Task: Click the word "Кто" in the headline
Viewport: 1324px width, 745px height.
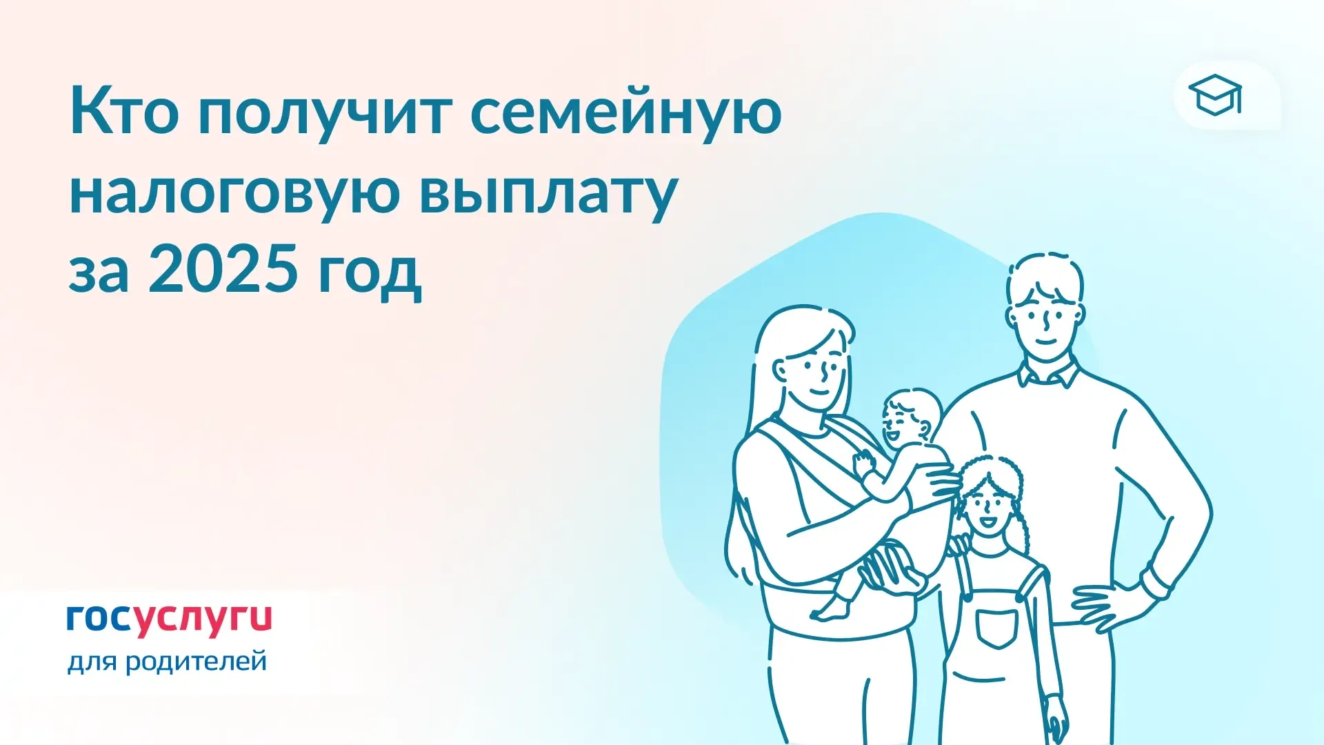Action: (124, 112)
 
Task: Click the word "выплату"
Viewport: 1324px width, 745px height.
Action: (548, 193)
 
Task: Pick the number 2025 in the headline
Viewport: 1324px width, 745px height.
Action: (223, 269)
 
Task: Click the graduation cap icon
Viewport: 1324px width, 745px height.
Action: (1215, 95)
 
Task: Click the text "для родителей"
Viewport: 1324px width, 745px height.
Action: (167, 661)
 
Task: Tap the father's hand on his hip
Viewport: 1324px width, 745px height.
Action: (1106, 607)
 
